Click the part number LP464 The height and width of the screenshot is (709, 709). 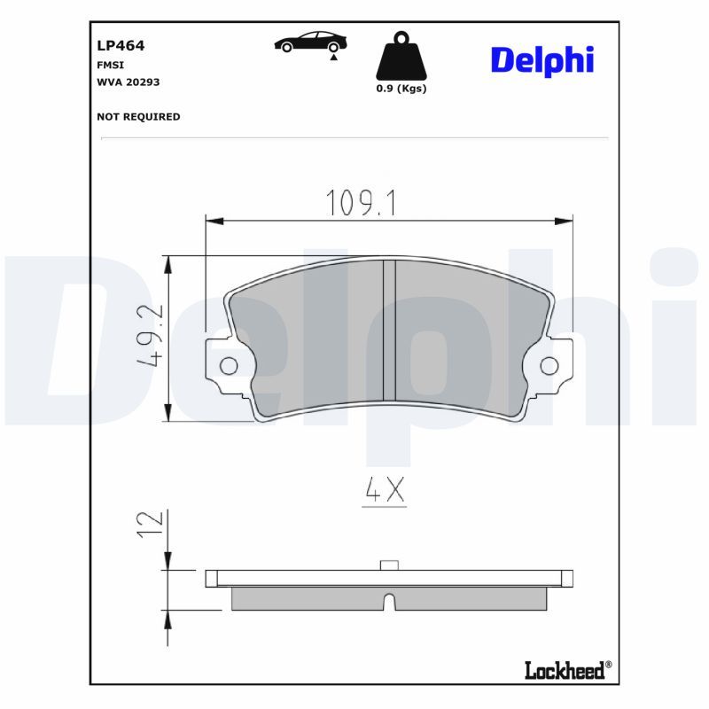[x=121, y=46]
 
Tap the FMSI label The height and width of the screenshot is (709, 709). [x=110, y=65]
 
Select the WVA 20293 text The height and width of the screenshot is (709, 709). [x=129, y=82]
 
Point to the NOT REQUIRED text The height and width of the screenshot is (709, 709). [x=138, y=117]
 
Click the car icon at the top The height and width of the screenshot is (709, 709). [x=310, y=42]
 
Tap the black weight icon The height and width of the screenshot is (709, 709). [x=401, y=56]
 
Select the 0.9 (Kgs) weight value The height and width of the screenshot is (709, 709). [x=401, y=89]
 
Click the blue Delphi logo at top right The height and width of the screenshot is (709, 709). [x=542, y=61]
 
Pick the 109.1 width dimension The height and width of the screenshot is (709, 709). [x=361, y=203]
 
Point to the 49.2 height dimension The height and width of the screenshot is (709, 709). [x=150, y=335]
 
